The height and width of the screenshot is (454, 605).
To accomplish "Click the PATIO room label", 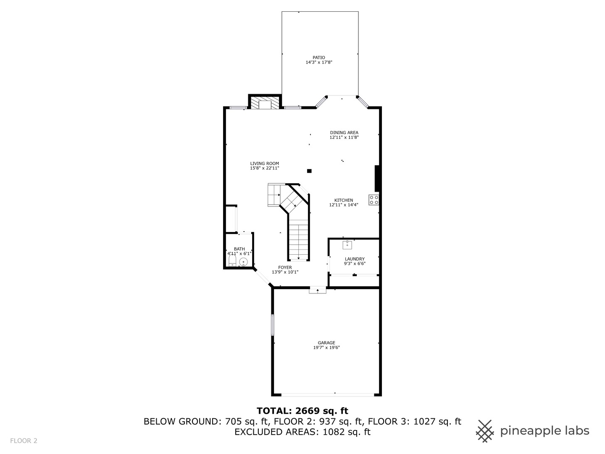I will coord(319,58).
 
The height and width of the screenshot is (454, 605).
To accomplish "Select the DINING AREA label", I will coord(344,132).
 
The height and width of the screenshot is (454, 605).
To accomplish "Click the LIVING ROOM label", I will coord(264,164).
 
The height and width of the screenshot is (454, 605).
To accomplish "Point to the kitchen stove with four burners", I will coord(374,200).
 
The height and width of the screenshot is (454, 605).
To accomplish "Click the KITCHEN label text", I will coord(343,200).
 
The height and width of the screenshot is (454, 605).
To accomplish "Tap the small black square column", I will coord(309,171).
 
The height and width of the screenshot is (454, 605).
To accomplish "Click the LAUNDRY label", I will coord(355,259).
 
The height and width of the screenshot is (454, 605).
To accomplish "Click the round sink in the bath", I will coord(243,262).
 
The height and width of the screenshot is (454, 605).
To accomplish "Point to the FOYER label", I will coord(285,267).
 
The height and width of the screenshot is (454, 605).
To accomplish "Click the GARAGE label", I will coord(326,343).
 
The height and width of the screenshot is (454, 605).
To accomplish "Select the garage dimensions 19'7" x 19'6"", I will coord(326,348).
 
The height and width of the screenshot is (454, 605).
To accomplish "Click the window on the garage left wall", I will coord(272,325).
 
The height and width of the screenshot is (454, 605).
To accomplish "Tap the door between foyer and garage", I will coord(318,290).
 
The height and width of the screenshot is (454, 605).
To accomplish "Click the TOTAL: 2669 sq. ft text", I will coord(302,411).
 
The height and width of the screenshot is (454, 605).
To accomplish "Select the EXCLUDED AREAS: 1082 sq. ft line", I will coord(302,432).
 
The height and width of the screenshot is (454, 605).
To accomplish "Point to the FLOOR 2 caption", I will coord(24,441).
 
